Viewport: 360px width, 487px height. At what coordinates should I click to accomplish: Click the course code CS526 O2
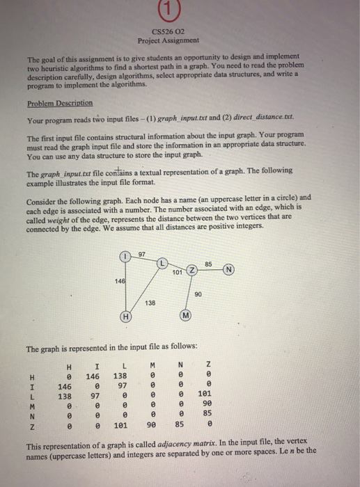tap(180, 31)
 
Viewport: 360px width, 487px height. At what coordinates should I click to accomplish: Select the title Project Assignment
tap(180, 40)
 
